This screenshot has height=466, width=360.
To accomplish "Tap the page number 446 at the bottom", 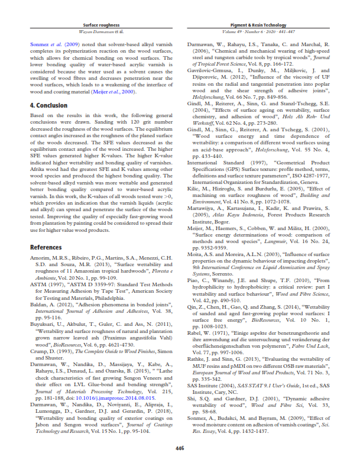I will pos(180,449).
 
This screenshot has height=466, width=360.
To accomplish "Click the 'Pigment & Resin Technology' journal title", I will pos(257,26).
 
